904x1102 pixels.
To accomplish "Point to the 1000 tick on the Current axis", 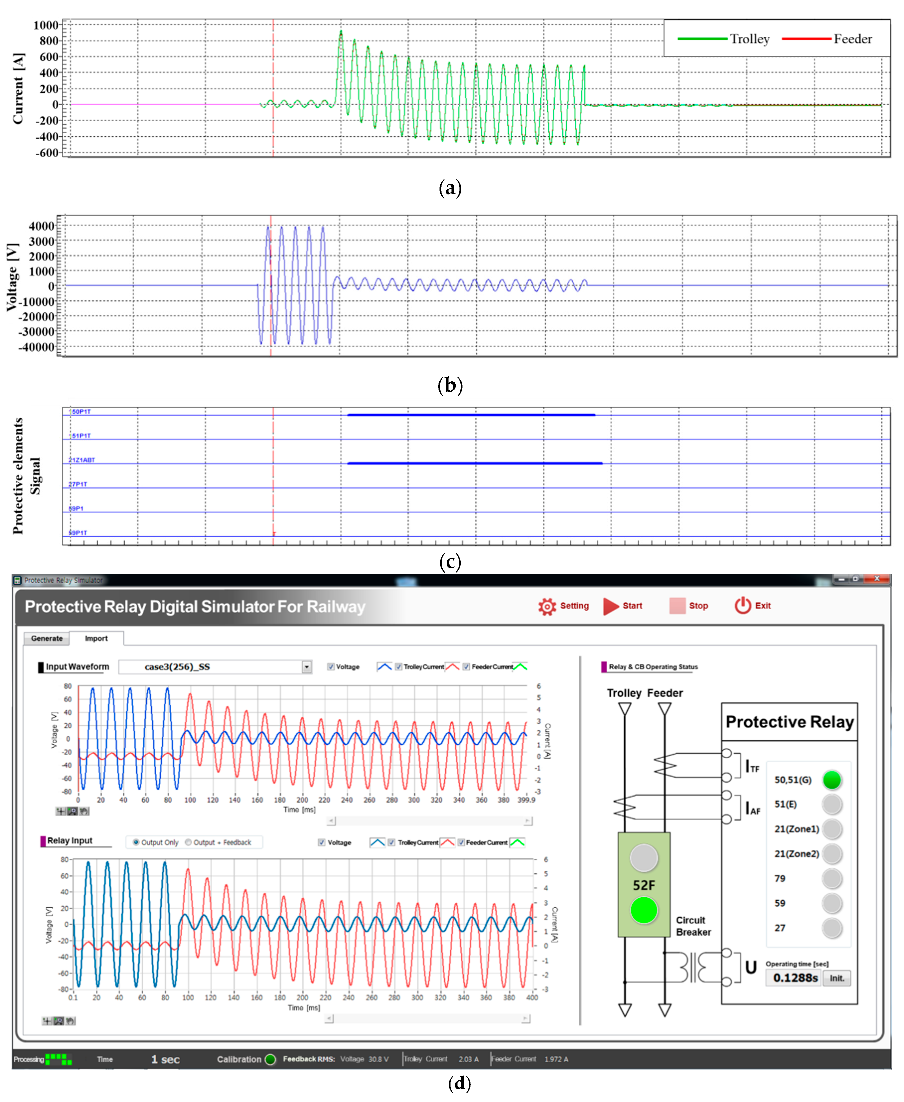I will tap(46, 25).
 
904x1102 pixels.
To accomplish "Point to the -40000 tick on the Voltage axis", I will tap(36, 347).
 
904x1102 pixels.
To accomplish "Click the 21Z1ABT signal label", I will tap(82, 460).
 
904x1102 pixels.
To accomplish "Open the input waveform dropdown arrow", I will tap(307, 667).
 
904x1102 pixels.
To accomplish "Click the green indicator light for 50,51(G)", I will tap(832, 780).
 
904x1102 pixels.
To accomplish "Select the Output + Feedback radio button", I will tap(189, 842).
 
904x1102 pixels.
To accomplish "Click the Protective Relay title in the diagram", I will tap(789, 722).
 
